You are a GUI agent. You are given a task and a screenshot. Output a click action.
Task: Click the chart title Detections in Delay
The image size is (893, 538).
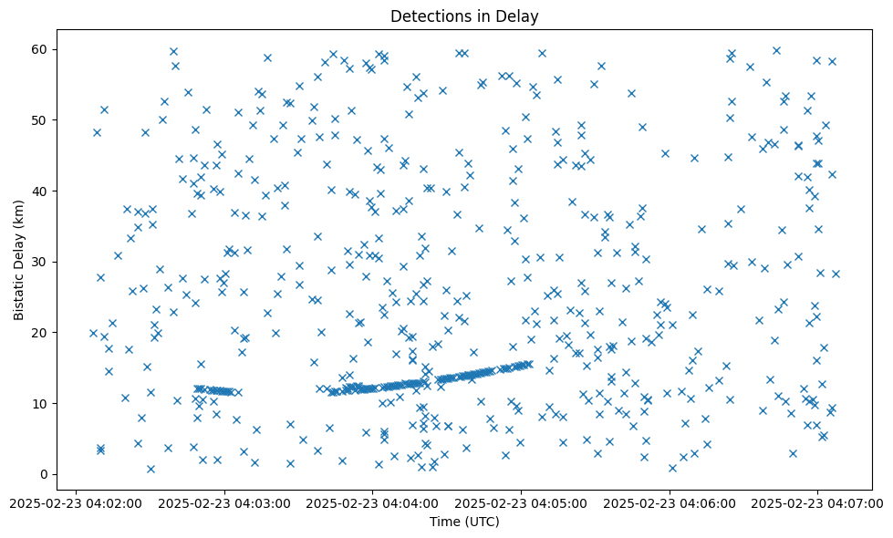[464, 16]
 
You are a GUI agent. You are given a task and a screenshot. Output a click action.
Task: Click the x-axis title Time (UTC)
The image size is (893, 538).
[464, 522]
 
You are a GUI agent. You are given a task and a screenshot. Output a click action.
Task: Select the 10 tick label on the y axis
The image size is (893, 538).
[41, 403]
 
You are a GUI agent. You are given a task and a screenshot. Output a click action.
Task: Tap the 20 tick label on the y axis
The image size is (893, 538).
[41, 333]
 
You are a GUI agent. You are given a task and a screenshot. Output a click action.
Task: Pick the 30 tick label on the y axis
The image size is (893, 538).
[41, 262]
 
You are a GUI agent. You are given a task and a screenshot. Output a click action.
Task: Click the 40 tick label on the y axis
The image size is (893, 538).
[41, 191]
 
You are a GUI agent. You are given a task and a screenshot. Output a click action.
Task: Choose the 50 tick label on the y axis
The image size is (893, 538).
[41, 120]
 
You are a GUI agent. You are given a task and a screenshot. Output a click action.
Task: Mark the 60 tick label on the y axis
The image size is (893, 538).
[41, 49]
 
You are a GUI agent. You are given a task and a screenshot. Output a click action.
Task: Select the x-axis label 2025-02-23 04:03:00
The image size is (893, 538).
[223, 502]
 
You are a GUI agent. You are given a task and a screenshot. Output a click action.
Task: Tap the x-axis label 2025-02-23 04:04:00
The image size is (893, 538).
[372, 502]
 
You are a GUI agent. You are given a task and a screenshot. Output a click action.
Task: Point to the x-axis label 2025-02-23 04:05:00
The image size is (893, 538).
[521, 502]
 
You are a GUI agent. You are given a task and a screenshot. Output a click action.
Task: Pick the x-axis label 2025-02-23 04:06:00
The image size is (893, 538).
[670, 502]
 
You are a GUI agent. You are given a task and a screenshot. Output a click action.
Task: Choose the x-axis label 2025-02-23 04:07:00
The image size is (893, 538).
[818, 502]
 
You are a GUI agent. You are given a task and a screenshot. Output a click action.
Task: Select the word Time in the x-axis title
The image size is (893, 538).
[445, 522]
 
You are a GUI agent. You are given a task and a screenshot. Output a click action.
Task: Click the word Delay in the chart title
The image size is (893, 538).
[519, 16]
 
